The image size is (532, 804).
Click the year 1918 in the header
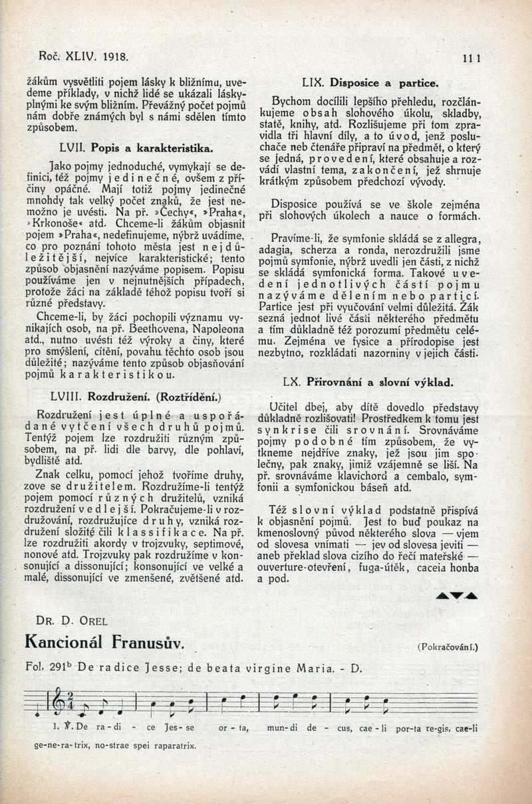[114, 56]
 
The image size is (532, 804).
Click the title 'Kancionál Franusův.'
[102, 642]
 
